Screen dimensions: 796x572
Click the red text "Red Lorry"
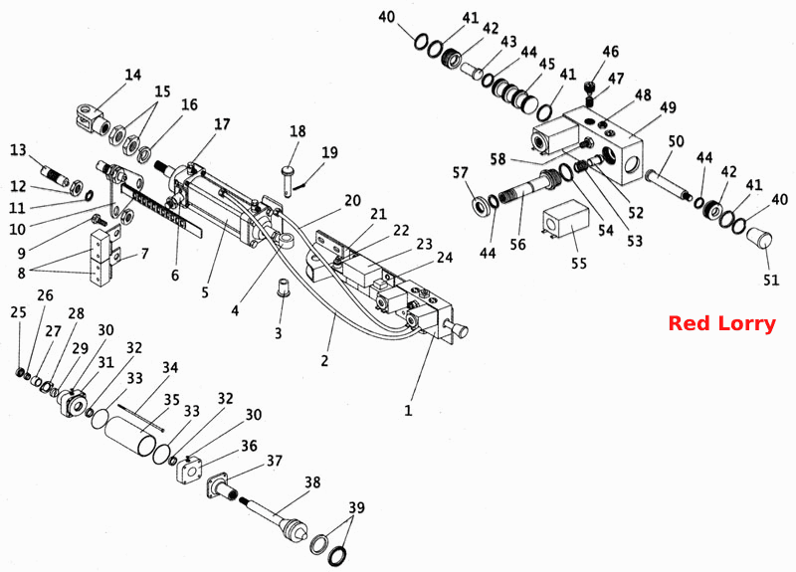point(721,323)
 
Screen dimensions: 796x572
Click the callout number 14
point(133,76)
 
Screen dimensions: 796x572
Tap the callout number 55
point(579,264)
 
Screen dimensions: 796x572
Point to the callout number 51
point(771,280)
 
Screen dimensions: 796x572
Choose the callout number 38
point(312,482)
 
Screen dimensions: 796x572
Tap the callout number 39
point(356,507)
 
